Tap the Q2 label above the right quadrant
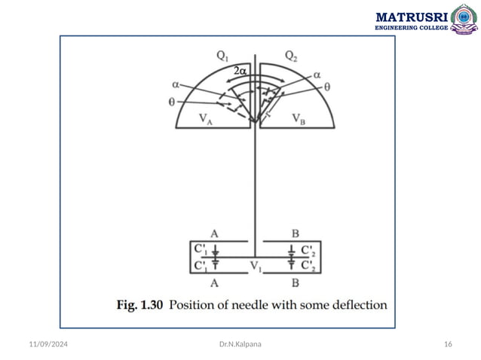tap(293, 56)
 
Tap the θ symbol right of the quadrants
tap(326, 87)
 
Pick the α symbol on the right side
tap(317, 75)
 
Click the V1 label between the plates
tap(257, 264)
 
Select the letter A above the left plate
tap(215, 234)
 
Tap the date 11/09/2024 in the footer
tap(44, 344)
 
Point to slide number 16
tap(448, 344)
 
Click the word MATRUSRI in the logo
tap(411, 16)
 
